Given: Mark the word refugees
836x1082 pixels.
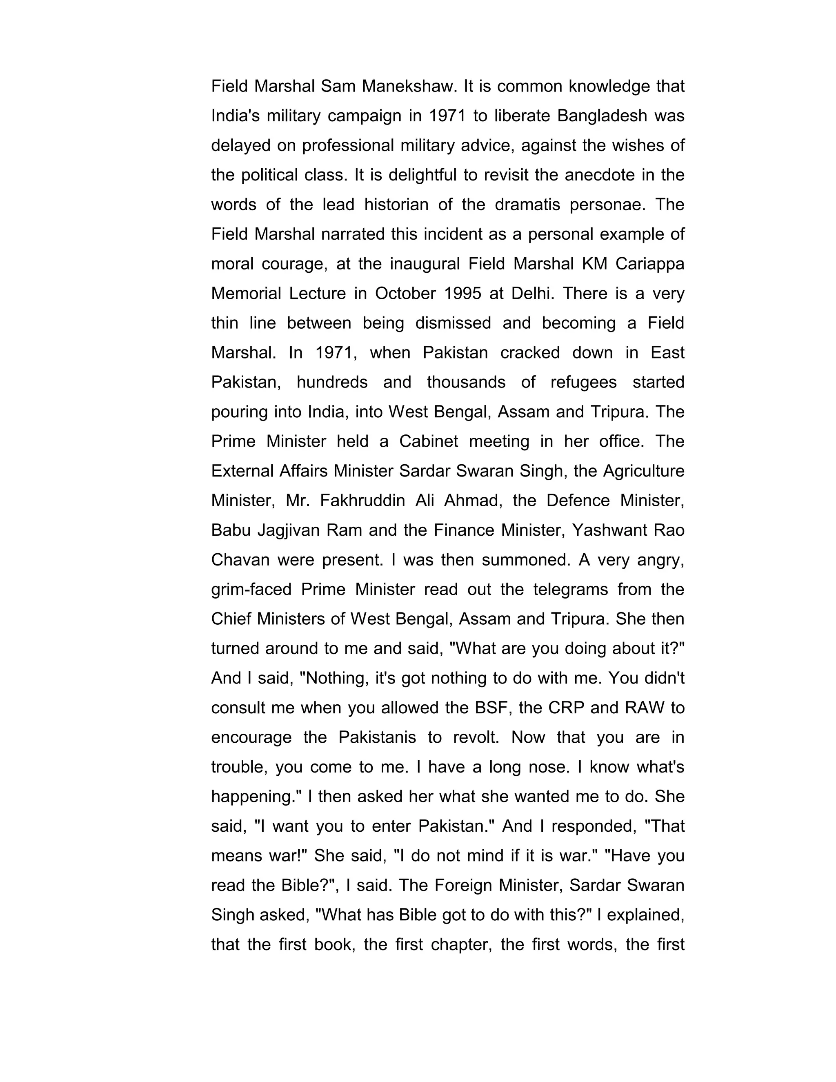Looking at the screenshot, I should click(583, 382).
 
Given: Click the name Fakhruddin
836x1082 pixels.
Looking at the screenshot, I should click(362, 501).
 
